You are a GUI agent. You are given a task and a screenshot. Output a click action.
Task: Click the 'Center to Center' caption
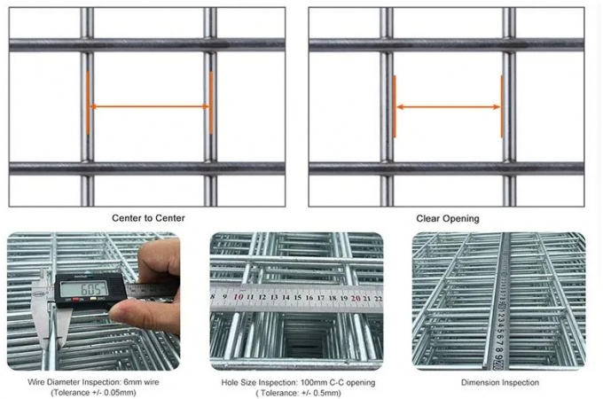point(148,217)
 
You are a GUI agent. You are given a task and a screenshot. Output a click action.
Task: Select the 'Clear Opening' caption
point(448,217)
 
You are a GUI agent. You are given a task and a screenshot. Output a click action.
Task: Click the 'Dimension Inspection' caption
point(499,383)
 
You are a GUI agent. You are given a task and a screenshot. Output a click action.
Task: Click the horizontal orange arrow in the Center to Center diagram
point(149,107)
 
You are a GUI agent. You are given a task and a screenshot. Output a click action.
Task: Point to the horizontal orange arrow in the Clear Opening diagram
point(448,107)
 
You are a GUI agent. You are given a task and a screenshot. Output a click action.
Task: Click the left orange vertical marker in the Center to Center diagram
point(88,103)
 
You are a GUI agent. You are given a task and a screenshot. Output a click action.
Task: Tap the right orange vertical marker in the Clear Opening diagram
point(501,106)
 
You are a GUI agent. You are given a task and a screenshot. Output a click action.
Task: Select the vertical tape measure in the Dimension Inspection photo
point(498,301)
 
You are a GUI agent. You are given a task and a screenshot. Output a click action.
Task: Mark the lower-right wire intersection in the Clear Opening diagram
point(509,168)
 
